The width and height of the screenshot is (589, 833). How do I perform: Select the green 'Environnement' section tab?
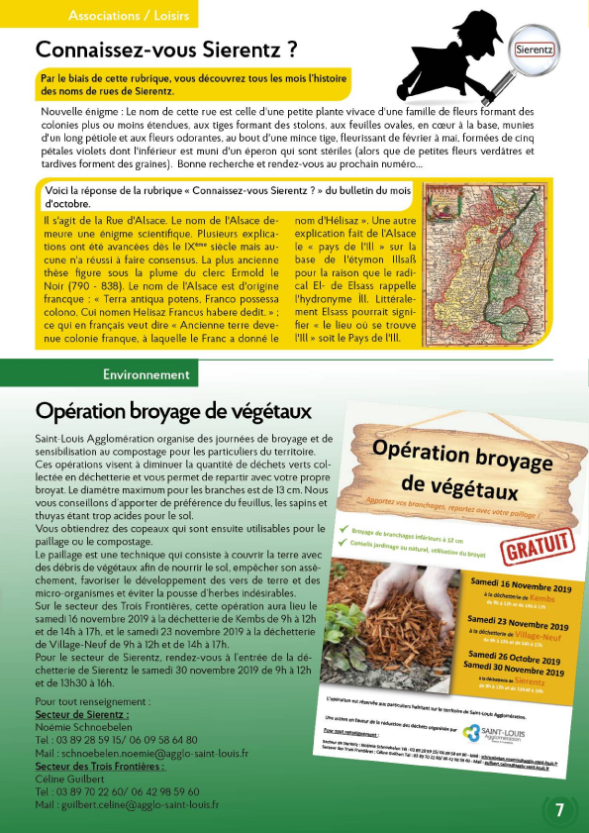[x=146, y=374]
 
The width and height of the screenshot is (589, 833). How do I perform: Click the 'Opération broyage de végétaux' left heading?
[x=173, y=410]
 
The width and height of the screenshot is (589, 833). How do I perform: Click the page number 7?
[x=559, y=810]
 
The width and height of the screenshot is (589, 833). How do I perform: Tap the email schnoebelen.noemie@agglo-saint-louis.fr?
[x=142, y=753]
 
